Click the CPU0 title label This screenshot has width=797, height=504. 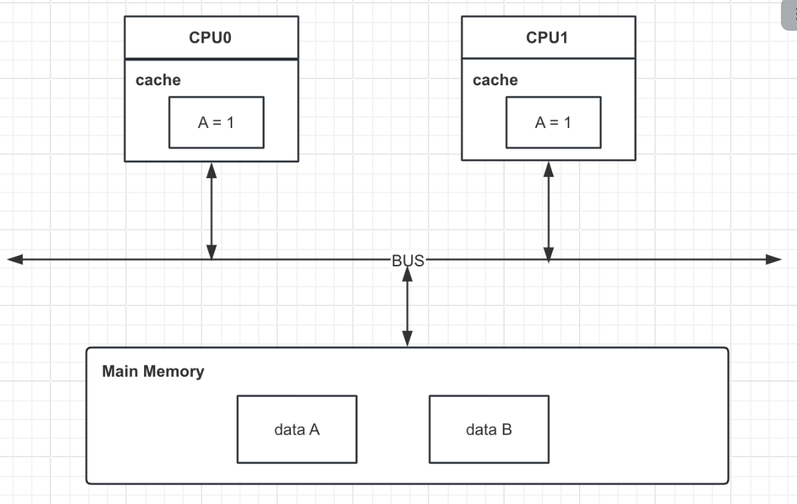[x=210, y=38]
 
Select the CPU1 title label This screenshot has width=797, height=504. [x=547, y=38]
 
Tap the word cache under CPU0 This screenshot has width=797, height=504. [x=158, y=80]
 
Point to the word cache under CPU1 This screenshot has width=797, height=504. [x=495, y=80]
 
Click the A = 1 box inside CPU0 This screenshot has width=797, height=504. [x=216, y=122]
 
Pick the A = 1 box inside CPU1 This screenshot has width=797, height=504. [x=553, y=122]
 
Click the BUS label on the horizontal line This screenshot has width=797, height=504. [x=408, y=260]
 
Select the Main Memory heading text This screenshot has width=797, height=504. [x=153, y=371]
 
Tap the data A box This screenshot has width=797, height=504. [x=296, y=429]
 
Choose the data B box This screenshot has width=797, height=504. [x=489, y=429]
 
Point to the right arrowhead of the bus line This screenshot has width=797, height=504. [x=773, y=260]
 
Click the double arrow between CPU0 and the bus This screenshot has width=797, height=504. [x=212, y=210]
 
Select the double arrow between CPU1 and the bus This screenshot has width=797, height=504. [x=549, y=210]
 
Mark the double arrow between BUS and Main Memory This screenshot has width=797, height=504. [x=408, y=308]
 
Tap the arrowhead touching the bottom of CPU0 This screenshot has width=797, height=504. [x=212, y=170]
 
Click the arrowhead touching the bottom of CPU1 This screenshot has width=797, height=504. [x=549, y=170]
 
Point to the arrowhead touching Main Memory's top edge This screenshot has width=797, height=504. [x=408, y=339]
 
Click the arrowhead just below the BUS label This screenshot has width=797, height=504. [x=408, y=275]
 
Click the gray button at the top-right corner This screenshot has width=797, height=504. [x=790, y=14]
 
